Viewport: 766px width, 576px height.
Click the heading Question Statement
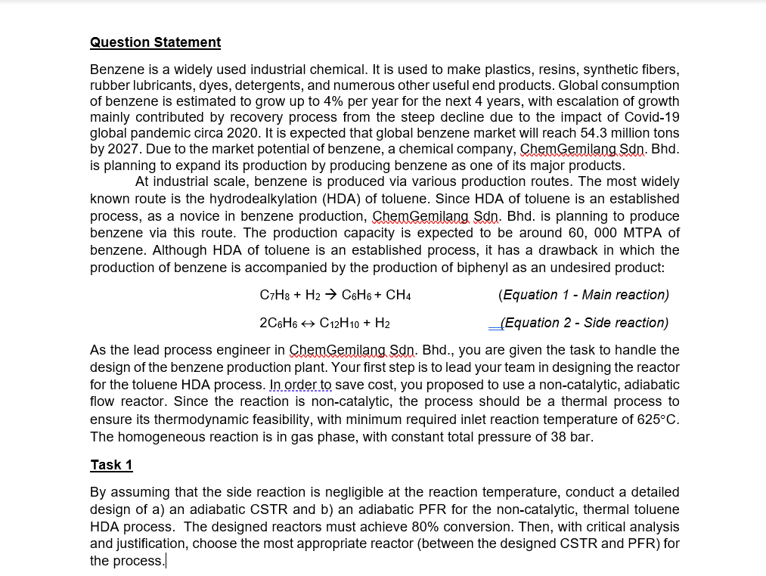(x=155, y=42)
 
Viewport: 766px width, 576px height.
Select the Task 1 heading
(x=111, y=464)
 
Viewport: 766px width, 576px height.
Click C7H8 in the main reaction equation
(x=273, y=295)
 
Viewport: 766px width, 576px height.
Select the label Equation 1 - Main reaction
(x=584, y=295)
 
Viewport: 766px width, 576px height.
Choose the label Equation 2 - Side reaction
(x=584, y=324)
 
